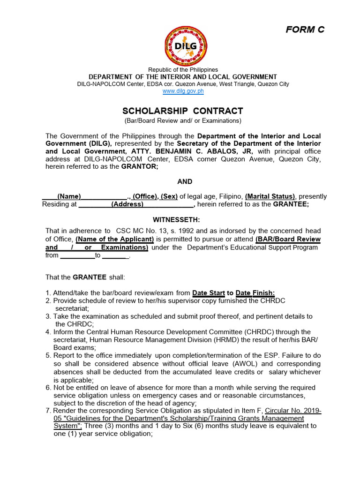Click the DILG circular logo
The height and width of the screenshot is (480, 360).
coord(186,45)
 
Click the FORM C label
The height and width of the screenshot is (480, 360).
coord(305,30)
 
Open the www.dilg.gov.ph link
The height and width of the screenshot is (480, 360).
coord(183,91)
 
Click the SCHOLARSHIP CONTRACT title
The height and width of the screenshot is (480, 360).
coord(183,111)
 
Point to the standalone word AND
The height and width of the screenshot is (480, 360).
coord(185,181)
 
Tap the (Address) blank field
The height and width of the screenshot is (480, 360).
coord(127,204)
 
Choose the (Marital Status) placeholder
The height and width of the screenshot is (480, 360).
coord(270,197)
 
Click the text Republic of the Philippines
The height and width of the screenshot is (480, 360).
coord(183,69)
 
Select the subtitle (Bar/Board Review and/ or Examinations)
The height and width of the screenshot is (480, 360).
coord(183,121)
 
